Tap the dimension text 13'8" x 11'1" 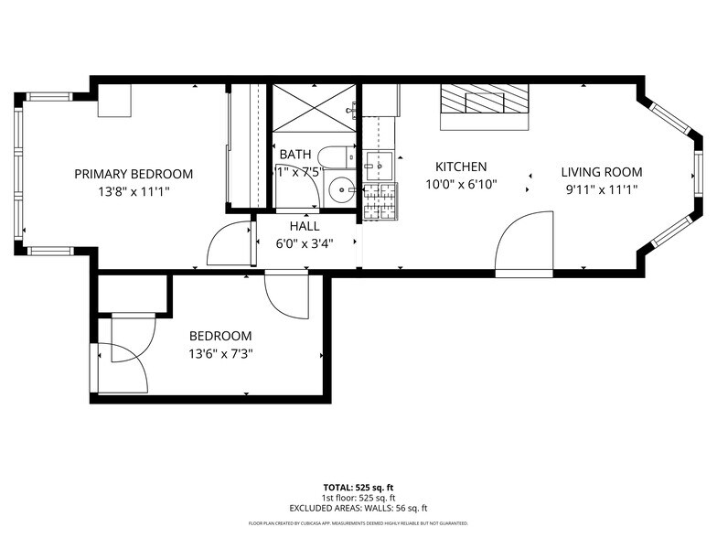(134, 192)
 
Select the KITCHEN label (460, 167)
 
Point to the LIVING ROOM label (601, 171)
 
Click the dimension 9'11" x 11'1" (601, 189)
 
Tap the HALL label (305, 225)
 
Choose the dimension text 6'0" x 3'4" (305, 243)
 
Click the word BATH (295, 154)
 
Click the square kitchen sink (377, 166)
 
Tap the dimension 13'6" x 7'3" (220, 354)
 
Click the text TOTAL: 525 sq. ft (358, 488)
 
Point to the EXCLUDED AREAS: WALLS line (358, 508)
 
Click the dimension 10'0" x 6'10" (460, 185)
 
